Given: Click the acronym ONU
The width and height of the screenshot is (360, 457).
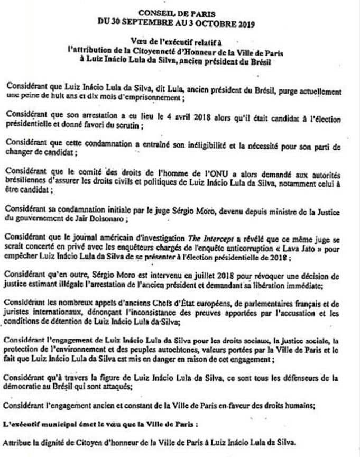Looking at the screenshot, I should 206,171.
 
